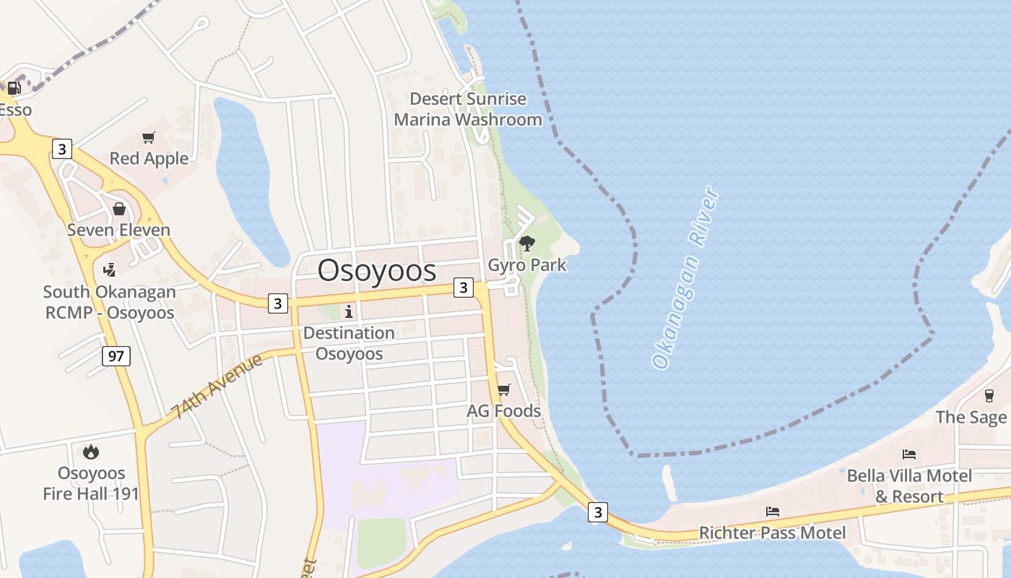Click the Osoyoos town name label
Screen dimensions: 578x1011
click(377, 270)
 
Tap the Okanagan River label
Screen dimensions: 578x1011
click(685, 277)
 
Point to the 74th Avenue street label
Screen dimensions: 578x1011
click(217, 386)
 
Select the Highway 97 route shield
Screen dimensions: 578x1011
click(116, 355)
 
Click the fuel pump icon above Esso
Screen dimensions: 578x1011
click(14, 88)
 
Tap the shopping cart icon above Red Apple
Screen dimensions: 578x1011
click(149, 137)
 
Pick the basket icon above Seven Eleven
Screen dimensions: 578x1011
click(119, 209)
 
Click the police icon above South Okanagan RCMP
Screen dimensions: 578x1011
click(109, 270)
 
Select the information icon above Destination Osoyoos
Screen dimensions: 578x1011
click(349, 311)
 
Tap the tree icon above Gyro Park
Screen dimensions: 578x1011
click(527, 243)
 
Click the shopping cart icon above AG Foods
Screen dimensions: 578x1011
click(504, 389)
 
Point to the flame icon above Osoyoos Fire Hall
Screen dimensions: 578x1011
click(91, 452)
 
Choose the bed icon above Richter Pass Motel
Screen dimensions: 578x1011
click(772, 512)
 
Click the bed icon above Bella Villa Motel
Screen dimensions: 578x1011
click(909, 454)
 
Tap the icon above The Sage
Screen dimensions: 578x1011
click(989, 395)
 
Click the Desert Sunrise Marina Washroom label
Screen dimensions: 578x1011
click(468, 109)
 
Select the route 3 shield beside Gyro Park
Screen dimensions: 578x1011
click(463, 288)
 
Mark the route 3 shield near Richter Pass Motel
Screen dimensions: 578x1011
click(597, 512)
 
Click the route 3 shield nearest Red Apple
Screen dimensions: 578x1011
click(62, 150)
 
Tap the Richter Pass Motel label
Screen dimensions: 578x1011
click(772, 533)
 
